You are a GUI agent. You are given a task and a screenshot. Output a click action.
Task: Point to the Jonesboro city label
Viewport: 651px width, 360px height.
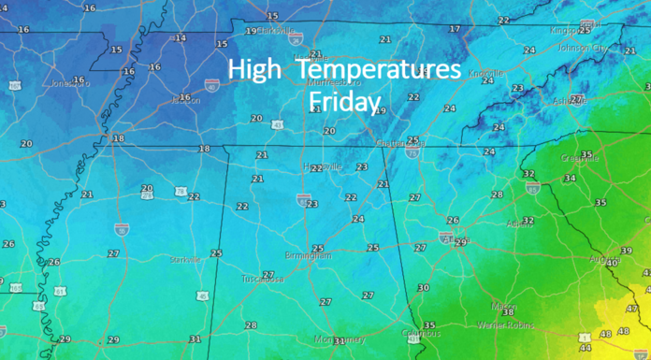click(66, 83)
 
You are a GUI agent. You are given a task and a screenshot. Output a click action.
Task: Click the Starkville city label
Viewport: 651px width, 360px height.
click(184, 259)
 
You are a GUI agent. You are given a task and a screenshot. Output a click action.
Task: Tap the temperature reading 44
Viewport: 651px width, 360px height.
click(585, 347)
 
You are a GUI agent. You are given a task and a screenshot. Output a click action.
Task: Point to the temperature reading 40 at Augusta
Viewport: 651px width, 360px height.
click(612, 263)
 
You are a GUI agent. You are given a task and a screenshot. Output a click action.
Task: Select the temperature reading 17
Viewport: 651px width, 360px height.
click(455, 29)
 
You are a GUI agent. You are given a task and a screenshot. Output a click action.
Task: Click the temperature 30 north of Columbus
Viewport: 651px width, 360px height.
click(423, 288)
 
